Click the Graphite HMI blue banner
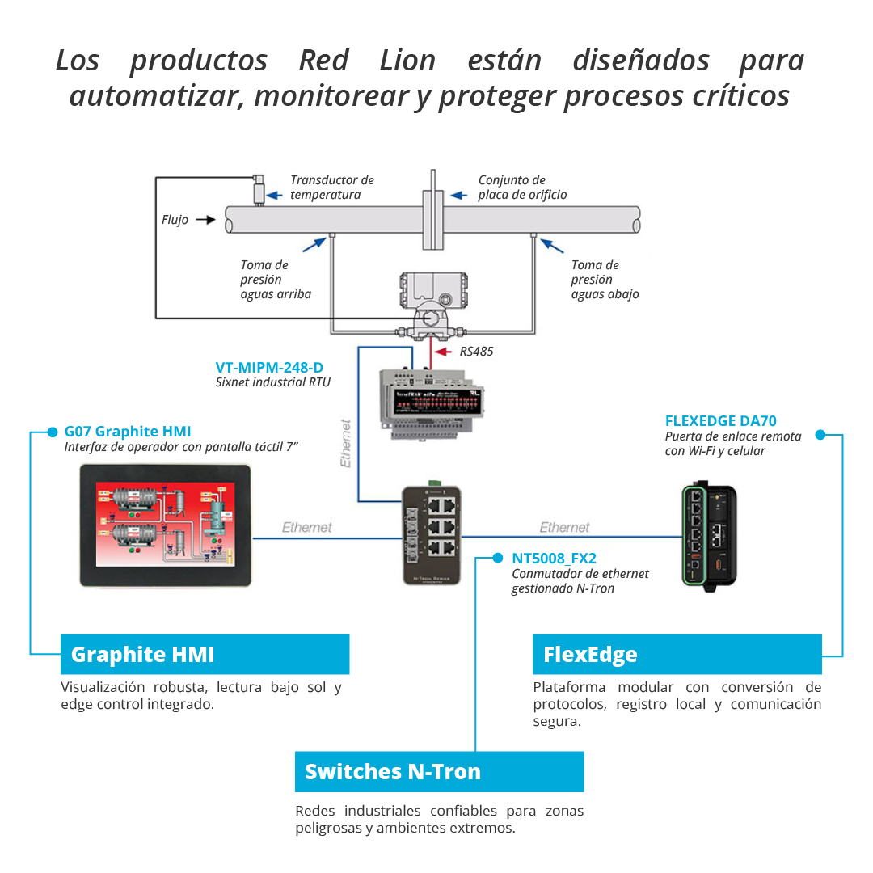point(205,654)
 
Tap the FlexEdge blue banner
point(677,654)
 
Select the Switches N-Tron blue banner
point(439,772)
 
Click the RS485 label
point(476,352)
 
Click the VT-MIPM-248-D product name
point(269,368)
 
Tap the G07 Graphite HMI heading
point(128,431)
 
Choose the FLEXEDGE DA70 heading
point(720,420)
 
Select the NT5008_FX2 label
point(555,558)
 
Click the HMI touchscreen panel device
point(166,527)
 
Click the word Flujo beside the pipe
point(175,220)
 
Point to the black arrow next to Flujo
point(205,219)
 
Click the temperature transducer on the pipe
point(260,190)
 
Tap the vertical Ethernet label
point(346,444)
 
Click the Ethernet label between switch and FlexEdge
point(564,527)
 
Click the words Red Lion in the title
point(367,61)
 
